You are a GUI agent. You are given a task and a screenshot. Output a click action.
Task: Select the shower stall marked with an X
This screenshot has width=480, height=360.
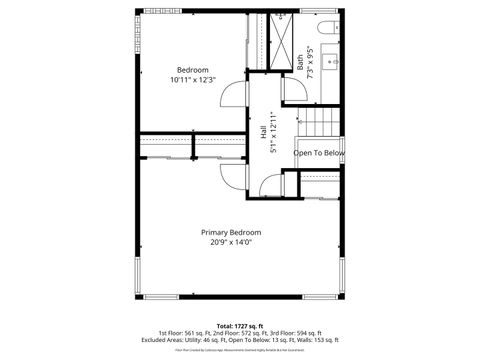click(282, 41)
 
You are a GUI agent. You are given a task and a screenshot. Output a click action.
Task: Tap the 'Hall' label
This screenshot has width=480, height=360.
click(263, 131)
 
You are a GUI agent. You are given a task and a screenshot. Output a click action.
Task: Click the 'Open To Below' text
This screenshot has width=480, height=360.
click(319, 153)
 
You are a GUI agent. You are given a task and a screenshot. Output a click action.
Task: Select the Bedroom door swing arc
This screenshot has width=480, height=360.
click(232, 96)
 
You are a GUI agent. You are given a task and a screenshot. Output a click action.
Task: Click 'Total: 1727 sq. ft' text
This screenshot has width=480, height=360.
click(240, 325)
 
